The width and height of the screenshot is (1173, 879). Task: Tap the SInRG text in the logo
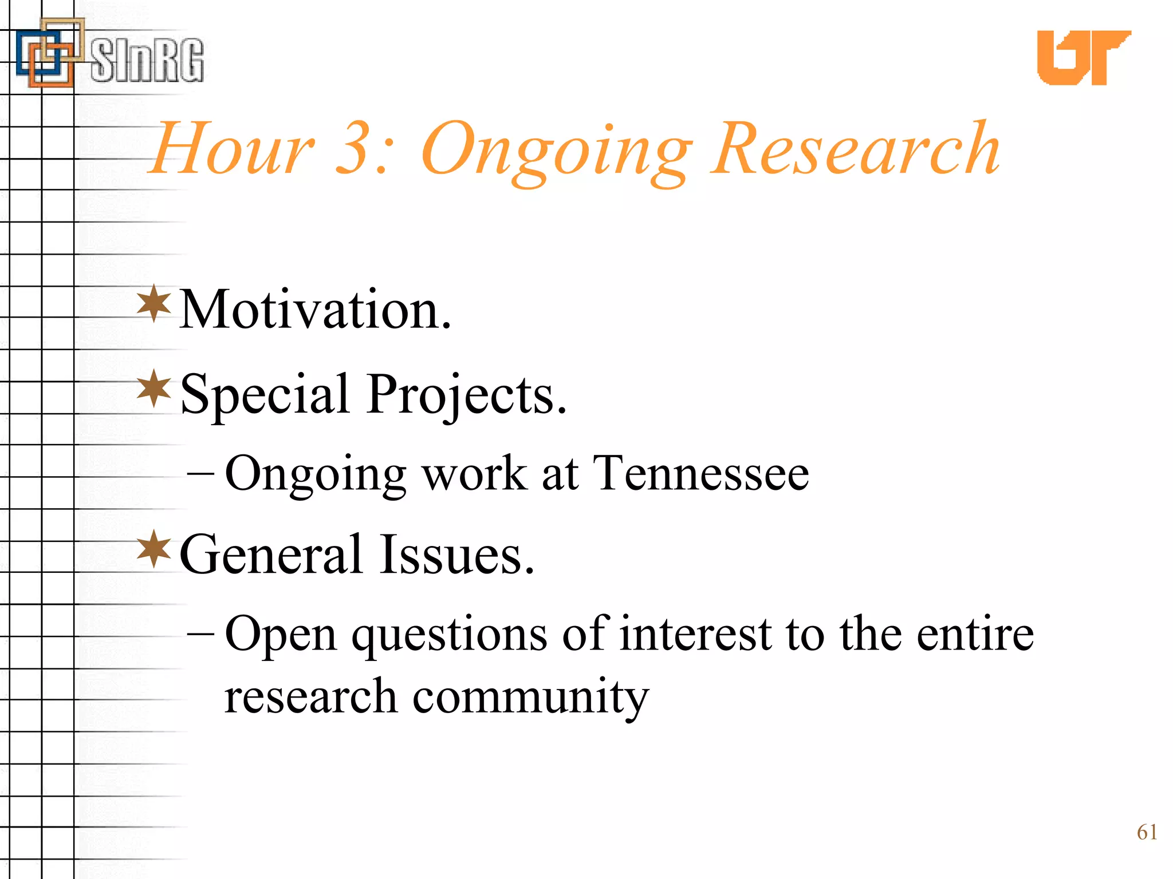click(x=147, y=60)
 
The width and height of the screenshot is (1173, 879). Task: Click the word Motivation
click(x=315, y=310)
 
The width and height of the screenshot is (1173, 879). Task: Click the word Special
click(x=265, y=394)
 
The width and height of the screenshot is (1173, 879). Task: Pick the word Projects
click(x=467, y=395)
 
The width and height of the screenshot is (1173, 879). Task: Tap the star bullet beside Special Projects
click(x=154, y=389)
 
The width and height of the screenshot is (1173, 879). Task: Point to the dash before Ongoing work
click(x=200, y=474)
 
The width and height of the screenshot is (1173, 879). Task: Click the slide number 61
click(x=1147, y=832)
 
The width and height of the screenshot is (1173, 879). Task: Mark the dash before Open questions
click(x=200, y=634)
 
